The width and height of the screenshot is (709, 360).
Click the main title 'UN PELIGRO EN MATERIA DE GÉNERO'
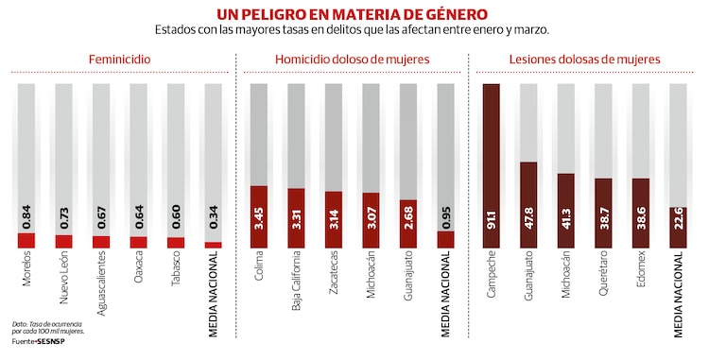(353, 14)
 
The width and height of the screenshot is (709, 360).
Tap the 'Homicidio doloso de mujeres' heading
(352, 60)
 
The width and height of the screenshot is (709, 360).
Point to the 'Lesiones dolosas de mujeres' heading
(583, 60)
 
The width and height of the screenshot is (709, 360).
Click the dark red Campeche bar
(491, 165)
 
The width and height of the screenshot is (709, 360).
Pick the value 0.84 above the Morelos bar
(26, 216)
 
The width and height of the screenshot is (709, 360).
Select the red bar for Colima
(259, 216)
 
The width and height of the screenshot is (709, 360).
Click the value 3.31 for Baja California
(297, 218)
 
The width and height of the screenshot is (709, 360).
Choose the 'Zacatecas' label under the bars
(334, 277)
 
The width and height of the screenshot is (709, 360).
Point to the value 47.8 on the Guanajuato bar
(528, 227)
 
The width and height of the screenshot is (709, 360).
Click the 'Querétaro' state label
(602, 277)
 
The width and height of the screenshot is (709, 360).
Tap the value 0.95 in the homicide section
(445, 216)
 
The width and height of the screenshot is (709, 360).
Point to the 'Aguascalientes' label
(101, 290)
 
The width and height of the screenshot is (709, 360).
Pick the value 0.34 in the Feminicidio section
(213, 218)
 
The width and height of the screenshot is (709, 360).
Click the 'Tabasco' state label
(176, 275)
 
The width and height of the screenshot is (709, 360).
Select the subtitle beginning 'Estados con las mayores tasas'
(353, 30)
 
